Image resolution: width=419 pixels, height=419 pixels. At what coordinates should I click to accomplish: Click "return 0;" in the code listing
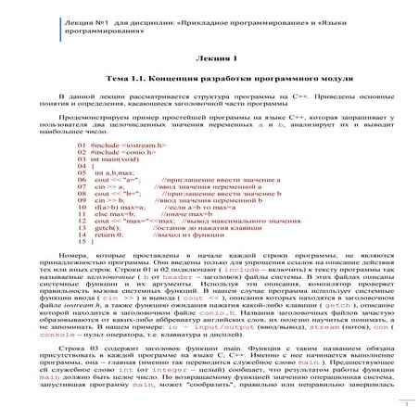pos(110,241)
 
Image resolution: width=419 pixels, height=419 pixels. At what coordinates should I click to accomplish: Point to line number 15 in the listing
pos(83,250)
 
